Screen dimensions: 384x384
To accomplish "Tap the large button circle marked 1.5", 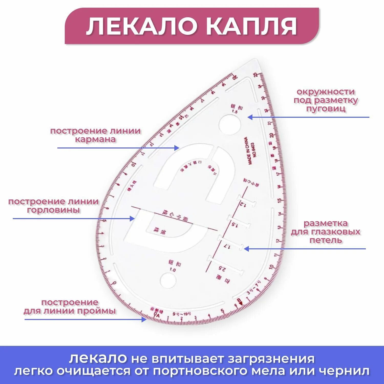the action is tap(230, 125).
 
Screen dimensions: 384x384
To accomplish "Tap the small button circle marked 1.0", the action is tap(168, 280).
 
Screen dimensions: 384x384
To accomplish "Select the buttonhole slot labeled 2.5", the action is tap(225, 265).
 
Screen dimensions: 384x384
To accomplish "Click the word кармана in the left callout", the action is tap(95, 140).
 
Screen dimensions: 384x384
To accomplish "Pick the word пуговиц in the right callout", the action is tap(326, 109).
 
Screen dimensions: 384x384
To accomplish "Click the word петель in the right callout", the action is tap(326, 240).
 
